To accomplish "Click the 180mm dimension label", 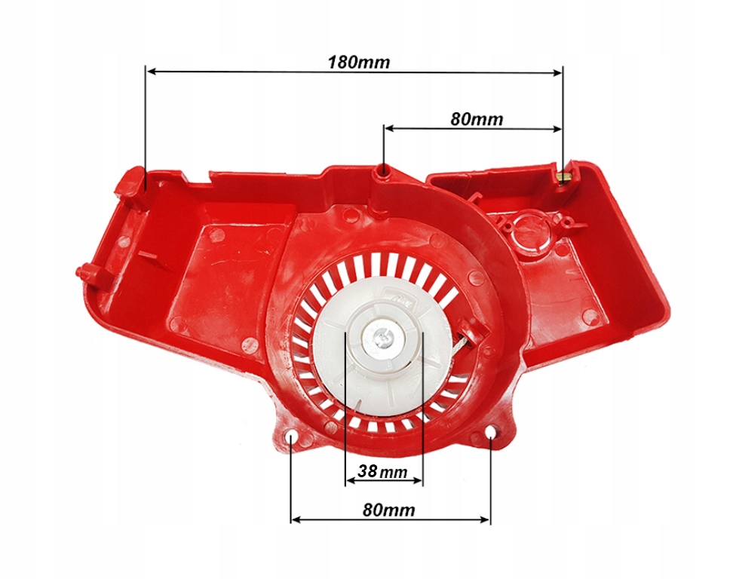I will point(358,61).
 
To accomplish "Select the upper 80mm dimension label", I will point(476,118).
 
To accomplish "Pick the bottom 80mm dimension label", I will point(388,510).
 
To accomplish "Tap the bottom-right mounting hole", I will point(491,432).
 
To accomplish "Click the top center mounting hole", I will point(385,172).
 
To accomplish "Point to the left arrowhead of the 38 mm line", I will point(349,480).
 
